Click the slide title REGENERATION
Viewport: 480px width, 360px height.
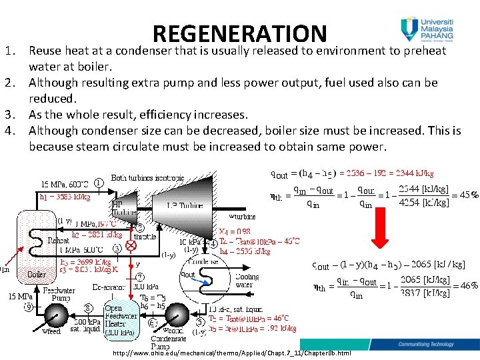click(x=239, y=33)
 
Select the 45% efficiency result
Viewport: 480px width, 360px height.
click(x=465, y=195)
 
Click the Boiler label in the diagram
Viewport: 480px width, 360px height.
click(x=37, y=274)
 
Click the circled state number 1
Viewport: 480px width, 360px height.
click(x=99, y=181)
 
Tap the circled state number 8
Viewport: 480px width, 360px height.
click(x=88, y=308)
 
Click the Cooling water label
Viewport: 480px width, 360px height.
click(x=247, y=281)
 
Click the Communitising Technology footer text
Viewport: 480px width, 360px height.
click(x=433, y=345)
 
